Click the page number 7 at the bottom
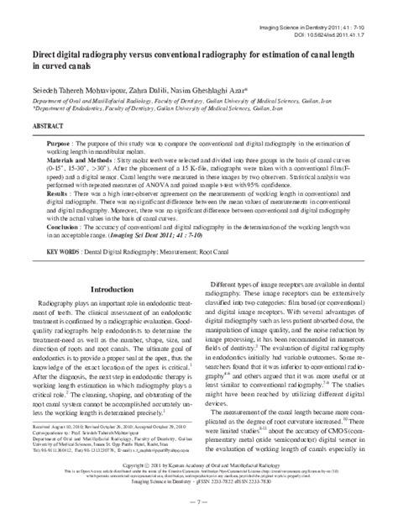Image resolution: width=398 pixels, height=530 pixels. [199, 523]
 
